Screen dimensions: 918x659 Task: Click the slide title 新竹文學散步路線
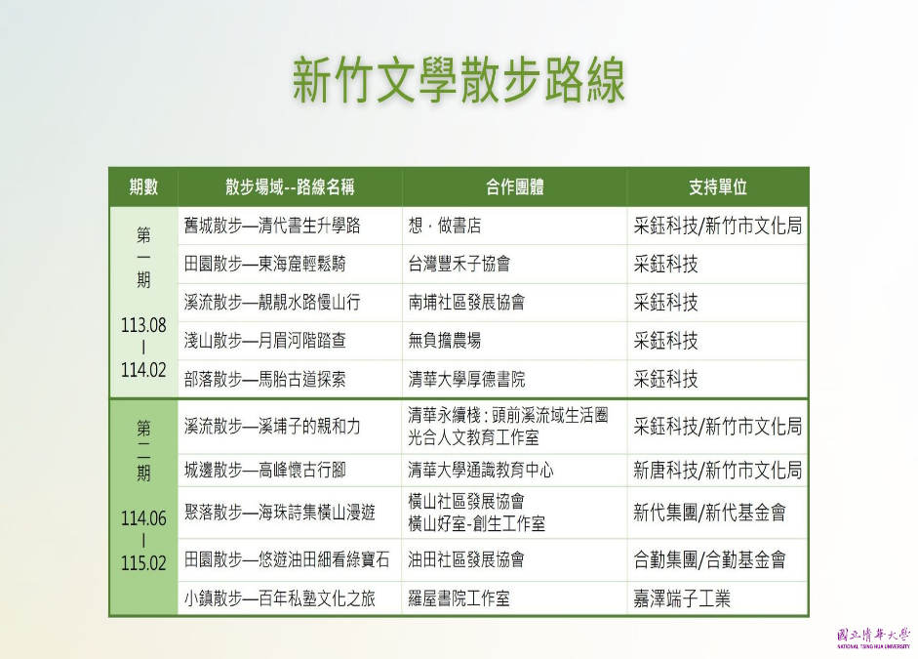point(459,80)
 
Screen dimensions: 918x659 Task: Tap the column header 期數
point(143,186)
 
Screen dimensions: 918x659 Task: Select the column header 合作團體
point(515,186)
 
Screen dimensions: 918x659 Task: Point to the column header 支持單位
point(718,186)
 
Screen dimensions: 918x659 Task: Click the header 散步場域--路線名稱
point(290,186)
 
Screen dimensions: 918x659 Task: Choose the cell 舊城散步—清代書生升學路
point(272,226)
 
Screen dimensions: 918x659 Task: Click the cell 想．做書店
point(444,226)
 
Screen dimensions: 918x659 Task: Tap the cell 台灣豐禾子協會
point(459,264)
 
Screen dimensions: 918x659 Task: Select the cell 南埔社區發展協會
point(466,303)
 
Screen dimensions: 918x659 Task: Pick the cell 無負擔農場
point(444,341)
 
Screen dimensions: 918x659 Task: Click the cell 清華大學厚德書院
point(466,379)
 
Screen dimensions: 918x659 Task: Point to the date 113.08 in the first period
point(143,325)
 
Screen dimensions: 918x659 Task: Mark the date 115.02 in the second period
point(143,563)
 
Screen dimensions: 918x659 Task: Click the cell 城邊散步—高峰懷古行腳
point(264,470)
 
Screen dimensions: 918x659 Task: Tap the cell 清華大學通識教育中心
point(481,470)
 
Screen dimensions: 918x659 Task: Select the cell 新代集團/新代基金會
point(709,513)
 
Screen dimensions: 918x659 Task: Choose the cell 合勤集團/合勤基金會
point(709,560)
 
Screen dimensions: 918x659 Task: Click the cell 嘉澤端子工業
point(682,598)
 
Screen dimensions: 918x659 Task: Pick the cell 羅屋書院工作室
point(459,598)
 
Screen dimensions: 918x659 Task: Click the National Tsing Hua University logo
point(873,638)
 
